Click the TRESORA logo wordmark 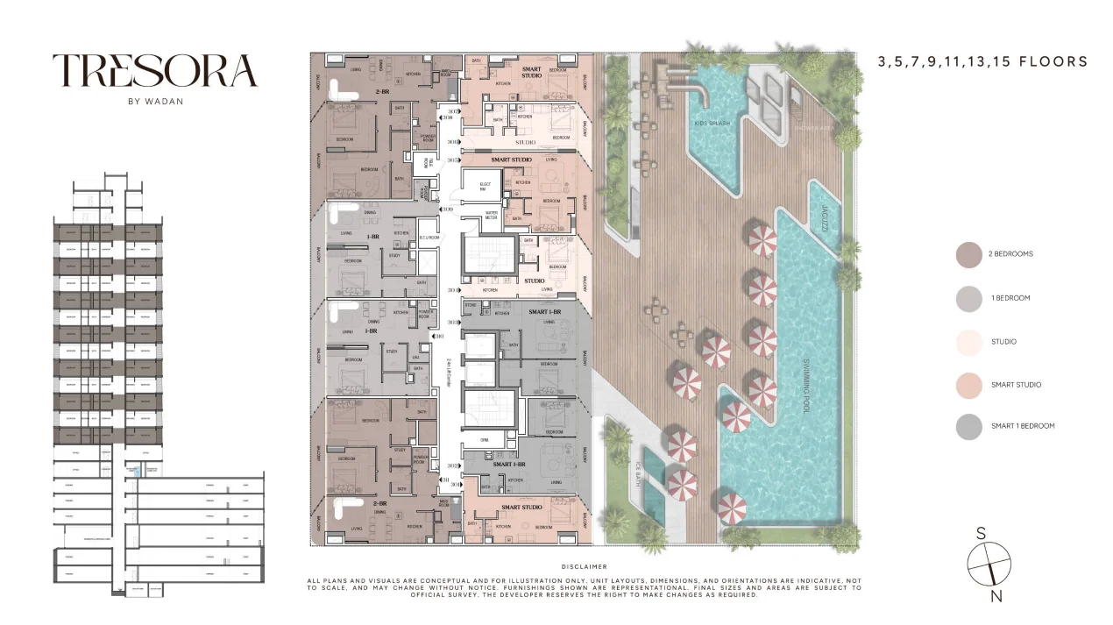point(155,71)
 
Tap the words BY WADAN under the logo point(155,100)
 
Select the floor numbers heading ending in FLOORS point(982,62)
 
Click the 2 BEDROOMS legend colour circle point(968,254)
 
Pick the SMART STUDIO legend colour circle point(968,385)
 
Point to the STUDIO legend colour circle point(968,341)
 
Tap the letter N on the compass point(996,597)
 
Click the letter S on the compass point(982,533)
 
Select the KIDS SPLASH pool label point(712,124)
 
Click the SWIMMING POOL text point(805,386)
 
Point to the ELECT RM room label point(485,186)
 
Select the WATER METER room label point(491,214)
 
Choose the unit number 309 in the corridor point(448,210)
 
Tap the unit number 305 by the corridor point(453,160)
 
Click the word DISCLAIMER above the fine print point(585,567)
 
